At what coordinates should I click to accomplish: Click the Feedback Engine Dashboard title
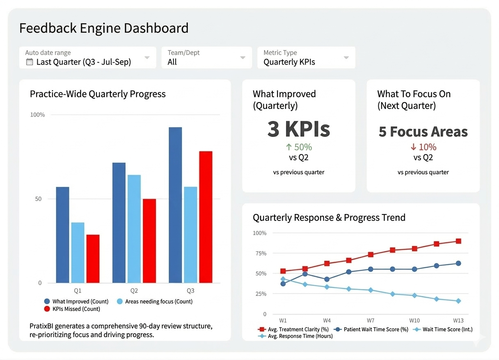pos(104,28)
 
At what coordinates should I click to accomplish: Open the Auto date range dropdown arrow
pos(147,58)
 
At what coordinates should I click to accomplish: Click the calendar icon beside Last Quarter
pos(29,62)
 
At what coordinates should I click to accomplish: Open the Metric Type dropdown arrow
pos(346,58)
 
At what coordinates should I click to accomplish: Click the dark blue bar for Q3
pos(175,205)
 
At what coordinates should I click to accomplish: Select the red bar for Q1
pos(93,258)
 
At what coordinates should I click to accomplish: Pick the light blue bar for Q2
pos(134,228)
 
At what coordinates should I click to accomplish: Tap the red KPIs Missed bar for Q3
pos(206,217)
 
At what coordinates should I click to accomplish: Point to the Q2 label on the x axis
pos(134,291)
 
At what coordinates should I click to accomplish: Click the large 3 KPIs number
pos(298,129)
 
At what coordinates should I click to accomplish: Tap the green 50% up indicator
pos(298,147)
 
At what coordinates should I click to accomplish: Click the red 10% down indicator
pos(423,147)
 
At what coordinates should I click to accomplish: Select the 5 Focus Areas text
pos(423,132)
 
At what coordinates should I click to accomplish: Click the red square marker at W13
pos(458,241)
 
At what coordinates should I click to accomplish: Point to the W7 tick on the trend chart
pos(371,320)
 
